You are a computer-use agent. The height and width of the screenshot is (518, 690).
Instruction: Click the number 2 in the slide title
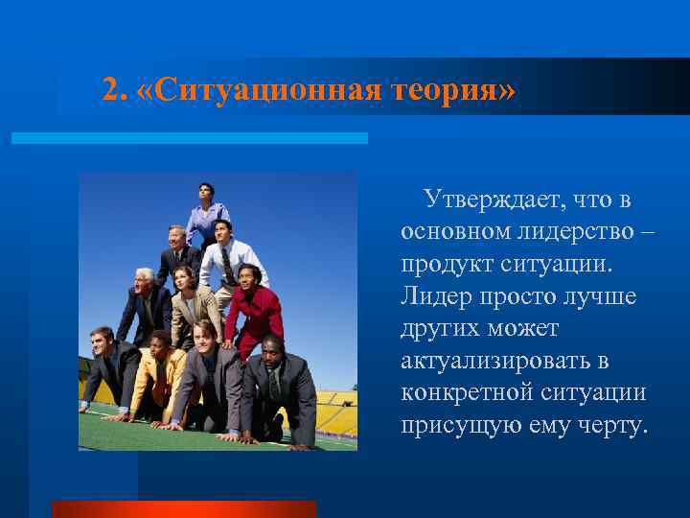113,90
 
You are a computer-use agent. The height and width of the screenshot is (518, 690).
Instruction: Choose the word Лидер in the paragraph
432,297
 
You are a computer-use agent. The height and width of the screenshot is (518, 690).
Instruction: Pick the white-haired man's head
145,280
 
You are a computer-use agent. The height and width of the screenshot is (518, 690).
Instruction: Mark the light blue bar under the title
189,138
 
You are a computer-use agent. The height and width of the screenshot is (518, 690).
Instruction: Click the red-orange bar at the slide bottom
183,509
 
